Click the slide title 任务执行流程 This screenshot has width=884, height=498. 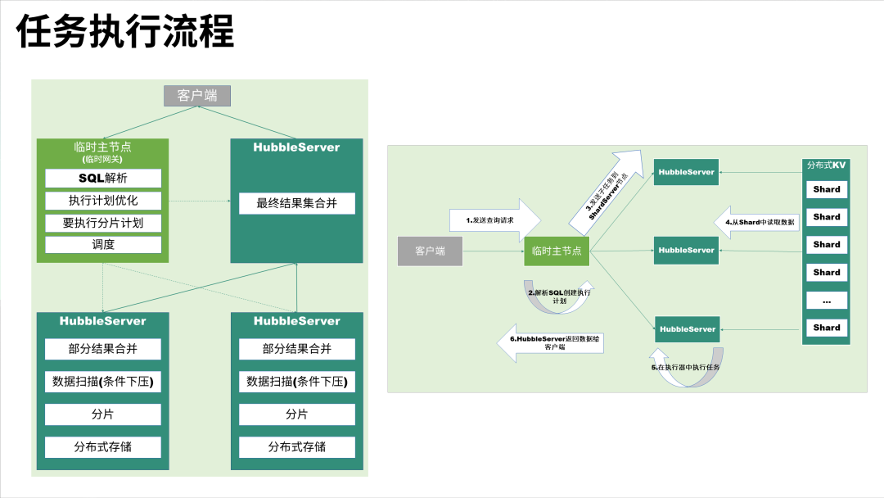pyautogui.click(x=126, y=33)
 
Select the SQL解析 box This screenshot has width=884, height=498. pyautogui.click(x=103, y=178)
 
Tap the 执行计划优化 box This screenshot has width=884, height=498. pyautogui.click(x=103, y=201)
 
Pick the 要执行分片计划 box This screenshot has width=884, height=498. pyautogui.click(x=103, y=223)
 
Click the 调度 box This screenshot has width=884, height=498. pyautogui.click(x=103, y=244)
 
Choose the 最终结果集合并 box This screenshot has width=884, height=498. pyautogui.click(x=296, y=203)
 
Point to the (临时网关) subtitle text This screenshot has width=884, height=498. pyautogui.click(x=103, y=159)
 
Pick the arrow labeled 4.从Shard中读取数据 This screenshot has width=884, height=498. pyautogui.click(x=758, y=221)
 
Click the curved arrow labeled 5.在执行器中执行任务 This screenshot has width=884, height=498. pyautogui.click(x=688, y=368)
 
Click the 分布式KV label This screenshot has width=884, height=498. pyautogui.click(x=827, y=165)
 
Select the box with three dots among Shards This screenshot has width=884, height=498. pyautogui.click(x=827, y=301)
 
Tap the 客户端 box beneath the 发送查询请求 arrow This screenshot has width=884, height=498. pyautogui.click(x=430, y=251)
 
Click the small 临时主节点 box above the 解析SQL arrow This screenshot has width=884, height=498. pyautogui.click(x=557, y=251)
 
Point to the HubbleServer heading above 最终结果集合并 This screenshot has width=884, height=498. pyautogui.click(x=296, y=147)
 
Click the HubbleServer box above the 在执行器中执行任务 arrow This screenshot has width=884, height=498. pyautogui.click(x=688, y=328)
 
